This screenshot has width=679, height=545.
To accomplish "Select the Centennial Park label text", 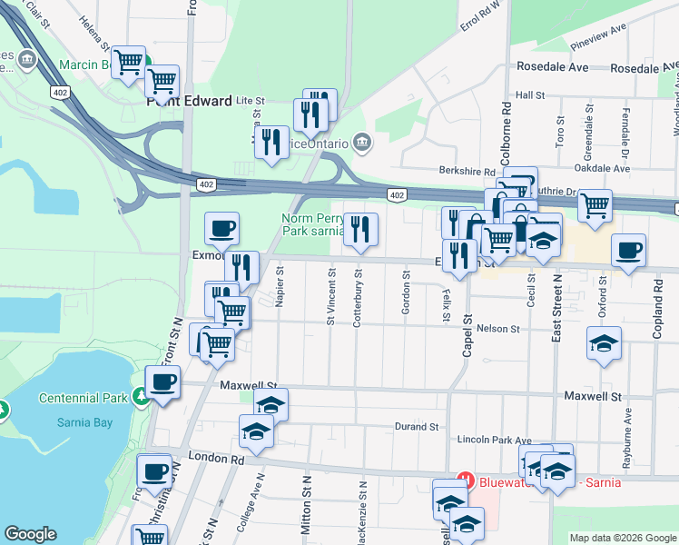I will click(84, 398).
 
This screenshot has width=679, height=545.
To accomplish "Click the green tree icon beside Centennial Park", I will click(139, 396).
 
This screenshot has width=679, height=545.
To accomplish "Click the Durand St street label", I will click(417, 426).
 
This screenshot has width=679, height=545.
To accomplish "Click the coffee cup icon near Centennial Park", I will click(162, 382).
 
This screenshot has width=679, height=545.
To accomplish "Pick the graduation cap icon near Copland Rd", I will click(604, 344).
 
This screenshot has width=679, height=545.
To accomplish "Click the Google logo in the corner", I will click(30, 534).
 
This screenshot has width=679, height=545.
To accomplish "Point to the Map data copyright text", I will click(623, 538).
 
